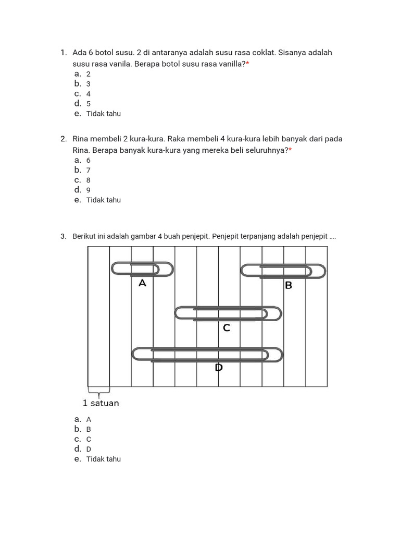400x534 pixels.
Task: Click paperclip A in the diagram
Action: tap(142, 270)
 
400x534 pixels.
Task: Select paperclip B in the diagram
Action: tap(283, 271)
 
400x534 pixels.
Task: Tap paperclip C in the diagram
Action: tap(228, 313)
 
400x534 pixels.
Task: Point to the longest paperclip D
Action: tap(207, 355)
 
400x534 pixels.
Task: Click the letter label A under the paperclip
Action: tap(142, 284)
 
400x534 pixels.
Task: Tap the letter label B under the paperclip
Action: tap(288, 286)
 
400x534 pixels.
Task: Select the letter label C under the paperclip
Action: tap(226, 328)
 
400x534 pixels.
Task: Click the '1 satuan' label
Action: tap(101, 403)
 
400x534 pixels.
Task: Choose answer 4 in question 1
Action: tap(89, 94)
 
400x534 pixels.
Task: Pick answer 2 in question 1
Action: tap(89, 74)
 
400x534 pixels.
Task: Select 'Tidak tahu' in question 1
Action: tap(103, 114)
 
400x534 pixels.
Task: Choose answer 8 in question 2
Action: tap(89, 180)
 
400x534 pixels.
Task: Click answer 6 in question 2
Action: tap(89, 160)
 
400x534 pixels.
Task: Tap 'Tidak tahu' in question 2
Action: tap(103, 200)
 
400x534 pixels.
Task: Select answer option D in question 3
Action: tap(89, 449)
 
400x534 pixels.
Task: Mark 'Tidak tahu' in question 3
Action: tap(103, 459)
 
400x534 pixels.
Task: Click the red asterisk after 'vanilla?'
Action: tap(248, 63)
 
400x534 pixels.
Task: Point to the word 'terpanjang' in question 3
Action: tap(258, 237)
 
